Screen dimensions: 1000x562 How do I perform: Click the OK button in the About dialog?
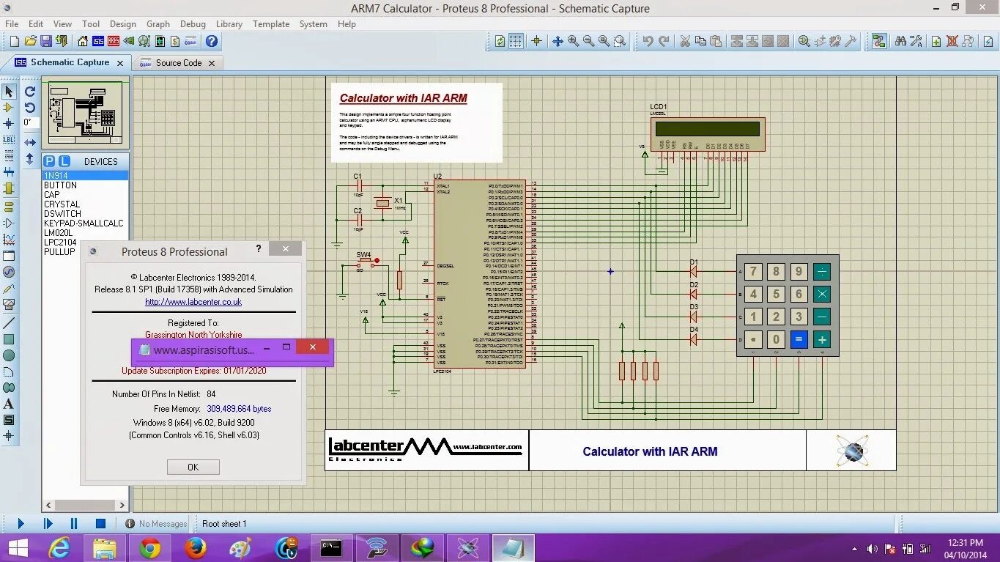[x=193, y=467]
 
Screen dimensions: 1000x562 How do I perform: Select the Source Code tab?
[x=178, y=63]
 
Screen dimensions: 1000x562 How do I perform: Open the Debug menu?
[x=193, y=23]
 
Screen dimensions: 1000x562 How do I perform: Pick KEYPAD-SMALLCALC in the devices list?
[x=84, y=223]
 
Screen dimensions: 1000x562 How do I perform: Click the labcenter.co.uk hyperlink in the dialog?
[x=193, y=302]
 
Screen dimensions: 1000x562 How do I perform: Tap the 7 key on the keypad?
[x=753, y=272]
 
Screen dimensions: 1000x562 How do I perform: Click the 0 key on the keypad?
[x=776, y=339]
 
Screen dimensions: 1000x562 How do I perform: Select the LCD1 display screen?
[x=707, y=130]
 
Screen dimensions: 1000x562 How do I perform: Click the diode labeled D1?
[x=693, y=272]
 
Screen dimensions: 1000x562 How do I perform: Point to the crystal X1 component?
[x=382, y=204]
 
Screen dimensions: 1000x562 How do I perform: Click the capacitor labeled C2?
[x=358, y=220]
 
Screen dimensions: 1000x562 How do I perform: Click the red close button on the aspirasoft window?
[x=313, y=347]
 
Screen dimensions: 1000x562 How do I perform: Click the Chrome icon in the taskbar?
[x=149, y=548]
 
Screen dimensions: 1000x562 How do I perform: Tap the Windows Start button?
[x=18, y=548]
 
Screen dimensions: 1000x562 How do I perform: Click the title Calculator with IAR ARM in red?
[x=403, y=98]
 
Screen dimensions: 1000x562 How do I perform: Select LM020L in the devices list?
[x=59, y=233]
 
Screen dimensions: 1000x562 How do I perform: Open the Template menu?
[x=271, y=23]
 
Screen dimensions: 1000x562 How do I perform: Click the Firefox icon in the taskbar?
[x=195, y=548]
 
